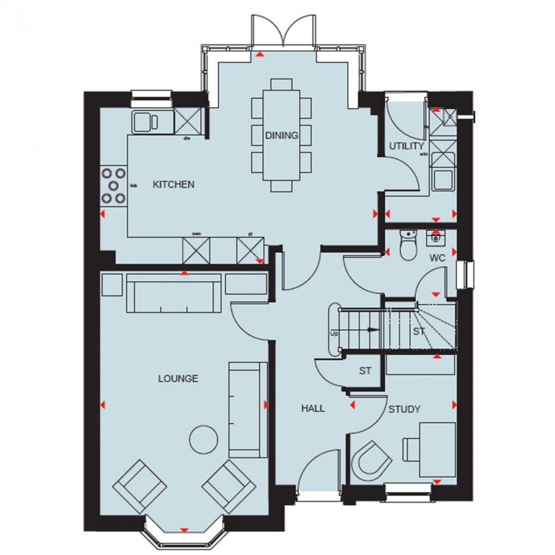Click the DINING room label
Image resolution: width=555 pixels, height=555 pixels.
[x=282, y=135]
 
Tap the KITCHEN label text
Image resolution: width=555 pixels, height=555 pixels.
[x=173, y=185]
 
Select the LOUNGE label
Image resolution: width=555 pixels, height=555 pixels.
[x=178, y=379]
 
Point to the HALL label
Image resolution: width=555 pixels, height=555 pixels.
[x=313, y=408]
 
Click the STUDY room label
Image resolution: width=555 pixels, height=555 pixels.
[x=404, y=409]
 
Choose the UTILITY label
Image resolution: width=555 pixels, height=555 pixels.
[x=406, y=146]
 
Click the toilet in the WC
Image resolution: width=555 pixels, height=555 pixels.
[x=406, y=246]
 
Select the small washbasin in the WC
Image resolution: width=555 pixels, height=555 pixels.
[x=435, y=237]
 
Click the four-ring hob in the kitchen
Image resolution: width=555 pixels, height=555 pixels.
[x=113, y=186]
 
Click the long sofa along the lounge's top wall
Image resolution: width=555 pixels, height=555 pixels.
[x=174, y=293]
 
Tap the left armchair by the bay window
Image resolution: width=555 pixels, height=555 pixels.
[x=140, y=486]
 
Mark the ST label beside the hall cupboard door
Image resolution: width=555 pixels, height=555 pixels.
[x=365, y=371]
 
